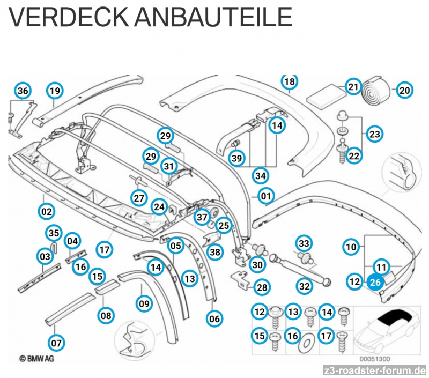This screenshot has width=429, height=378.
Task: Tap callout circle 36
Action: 23,91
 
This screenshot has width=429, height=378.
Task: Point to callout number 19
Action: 55,91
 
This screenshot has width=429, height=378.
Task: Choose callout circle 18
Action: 290,82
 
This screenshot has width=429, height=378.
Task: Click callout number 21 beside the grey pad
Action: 353,86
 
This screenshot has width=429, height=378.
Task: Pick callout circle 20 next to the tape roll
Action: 404,90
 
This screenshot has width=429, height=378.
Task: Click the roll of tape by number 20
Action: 378,90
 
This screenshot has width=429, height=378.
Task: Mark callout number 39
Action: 236,158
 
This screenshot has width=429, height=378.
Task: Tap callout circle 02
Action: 47,211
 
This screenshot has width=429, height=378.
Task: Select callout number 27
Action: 139,198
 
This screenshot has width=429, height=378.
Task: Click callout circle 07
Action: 56,342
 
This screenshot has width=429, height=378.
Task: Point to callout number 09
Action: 144,305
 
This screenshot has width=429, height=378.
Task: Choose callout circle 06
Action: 214,318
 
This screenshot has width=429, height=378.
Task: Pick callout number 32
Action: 305,286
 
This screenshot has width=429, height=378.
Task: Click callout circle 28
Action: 262,287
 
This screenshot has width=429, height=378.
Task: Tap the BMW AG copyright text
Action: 36,358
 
